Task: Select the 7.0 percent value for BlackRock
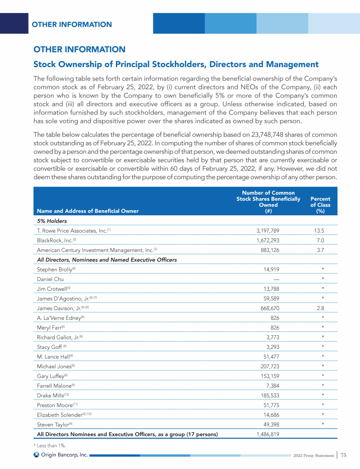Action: click(321, 240)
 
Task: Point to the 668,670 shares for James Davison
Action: click(270, 308)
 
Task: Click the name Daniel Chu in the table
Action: click(50, 279)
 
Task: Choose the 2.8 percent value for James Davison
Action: click(321, 308)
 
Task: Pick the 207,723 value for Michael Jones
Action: click(270, 366)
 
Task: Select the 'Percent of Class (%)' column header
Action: click(321, 205)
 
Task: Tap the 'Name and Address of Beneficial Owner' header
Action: click(88, 211)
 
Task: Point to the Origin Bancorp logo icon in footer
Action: click(37, 454)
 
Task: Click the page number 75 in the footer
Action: click(344, 455)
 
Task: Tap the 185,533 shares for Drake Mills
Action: click(270, 395)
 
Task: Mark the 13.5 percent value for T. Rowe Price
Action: click(321, 230)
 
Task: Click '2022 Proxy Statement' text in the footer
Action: click(313, 455)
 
